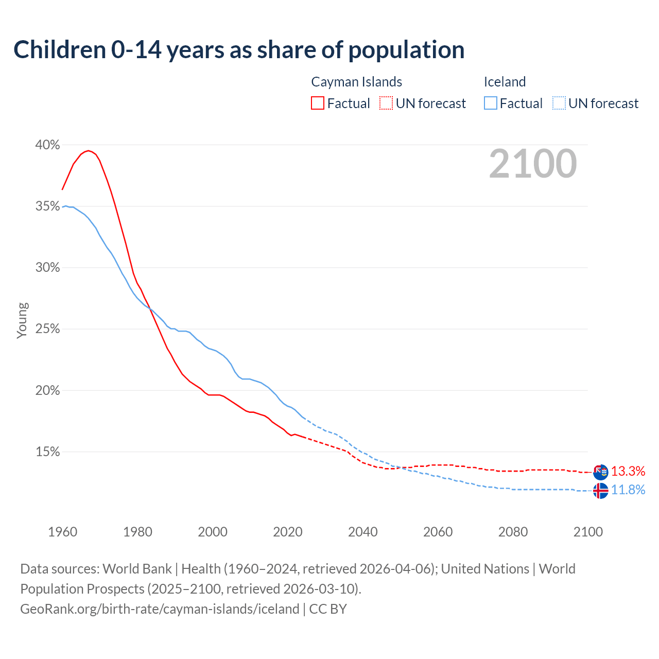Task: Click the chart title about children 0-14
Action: click(x=239, y=50)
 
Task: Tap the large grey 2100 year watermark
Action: click(x=533, y=164)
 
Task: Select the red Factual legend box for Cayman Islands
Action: click(x=318, y=103)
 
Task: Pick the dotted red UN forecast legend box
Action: click(x=386, y=103)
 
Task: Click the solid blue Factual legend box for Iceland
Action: click(x=491, y=103)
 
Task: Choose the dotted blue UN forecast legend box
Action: click(x=559, y=103)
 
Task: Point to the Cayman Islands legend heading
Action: click(x=356, y=82)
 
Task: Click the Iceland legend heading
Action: click(x=505, y=82)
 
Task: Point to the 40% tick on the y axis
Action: click(x=47, y=145)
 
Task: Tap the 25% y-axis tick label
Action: click(x=47, y=329)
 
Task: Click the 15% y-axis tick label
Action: click(x=47, y=452)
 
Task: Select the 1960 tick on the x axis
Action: click(x=62, y=532)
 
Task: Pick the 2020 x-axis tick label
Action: click(x=287, y=532)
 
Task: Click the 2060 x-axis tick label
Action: click(x=438, y=532)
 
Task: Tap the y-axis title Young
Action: click(x=22, y=320)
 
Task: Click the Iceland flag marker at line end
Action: click(x=600, y=491)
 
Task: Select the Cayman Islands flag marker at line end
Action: click(x=600, y=472)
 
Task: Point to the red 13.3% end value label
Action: click(x=628, y=471)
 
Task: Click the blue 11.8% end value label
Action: click(x=628, y=490)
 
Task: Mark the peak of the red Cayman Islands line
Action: click(x=89, y=150)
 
